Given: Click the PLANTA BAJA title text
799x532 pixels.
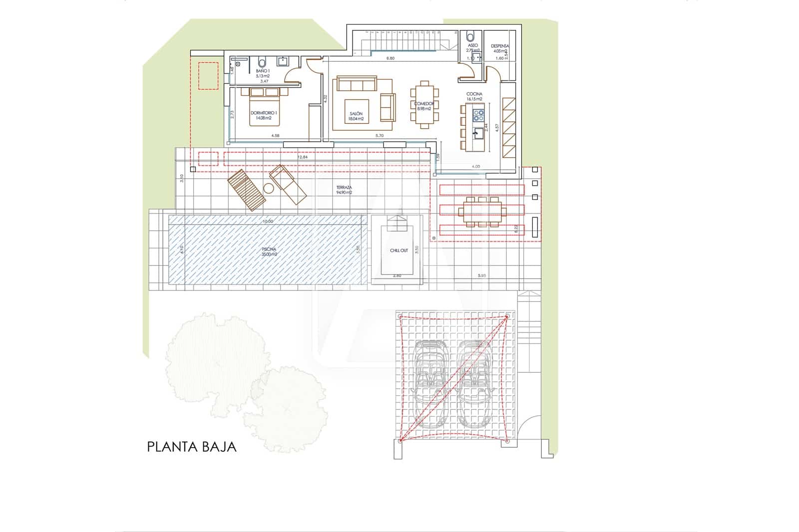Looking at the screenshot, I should point(192,446).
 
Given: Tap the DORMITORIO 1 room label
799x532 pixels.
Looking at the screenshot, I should point(263,115).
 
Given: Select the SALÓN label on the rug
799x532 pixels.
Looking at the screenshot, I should point(356,116).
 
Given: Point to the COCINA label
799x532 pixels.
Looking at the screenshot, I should point(474,96).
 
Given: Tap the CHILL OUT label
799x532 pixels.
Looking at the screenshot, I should point(399,251).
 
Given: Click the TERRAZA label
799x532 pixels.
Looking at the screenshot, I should point(344,190).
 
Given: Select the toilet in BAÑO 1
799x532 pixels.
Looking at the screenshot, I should point(262,62).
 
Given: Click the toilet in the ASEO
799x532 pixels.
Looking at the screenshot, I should point(470,36).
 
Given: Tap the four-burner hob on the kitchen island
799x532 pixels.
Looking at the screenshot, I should point(478,115).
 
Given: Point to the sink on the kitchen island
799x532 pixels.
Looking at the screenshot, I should point(478,133).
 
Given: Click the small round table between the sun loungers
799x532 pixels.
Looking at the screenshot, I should point(269,188).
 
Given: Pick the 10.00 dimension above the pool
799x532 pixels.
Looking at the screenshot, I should point(268,222).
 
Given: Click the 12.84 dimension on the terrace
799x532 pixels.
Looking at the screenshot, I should point(302,157).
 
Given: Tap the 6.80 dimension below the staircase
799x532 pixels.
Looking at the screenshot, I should point(391,58).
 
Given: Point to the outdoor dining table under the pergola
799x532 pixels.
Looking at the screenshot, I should point(482,212).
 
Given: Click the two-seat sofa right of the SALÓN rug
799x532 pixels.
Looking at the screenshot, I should point(387,107).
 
